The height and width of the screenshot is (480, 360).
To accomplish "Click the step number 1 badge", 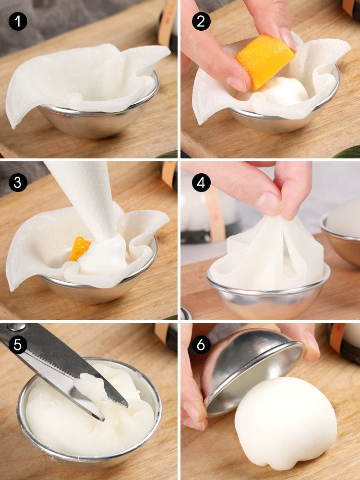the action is click(18, 21).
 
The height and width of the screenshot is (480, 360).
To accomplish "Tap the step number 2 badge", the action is click(201, 21).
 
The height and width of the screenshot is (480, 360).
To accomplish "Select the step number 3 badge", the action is click(18, 183).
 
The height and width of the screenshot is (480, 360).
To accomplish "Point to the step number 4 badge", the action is click(201, 183).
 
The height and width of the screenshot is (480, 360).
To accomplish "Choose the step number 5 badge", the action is click(18, 345).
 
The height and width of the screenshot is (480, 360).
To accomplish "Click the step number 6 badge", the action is click(201, 345).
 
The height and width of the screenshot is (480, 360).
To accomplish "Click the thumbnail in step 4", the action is click(269, 204).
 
